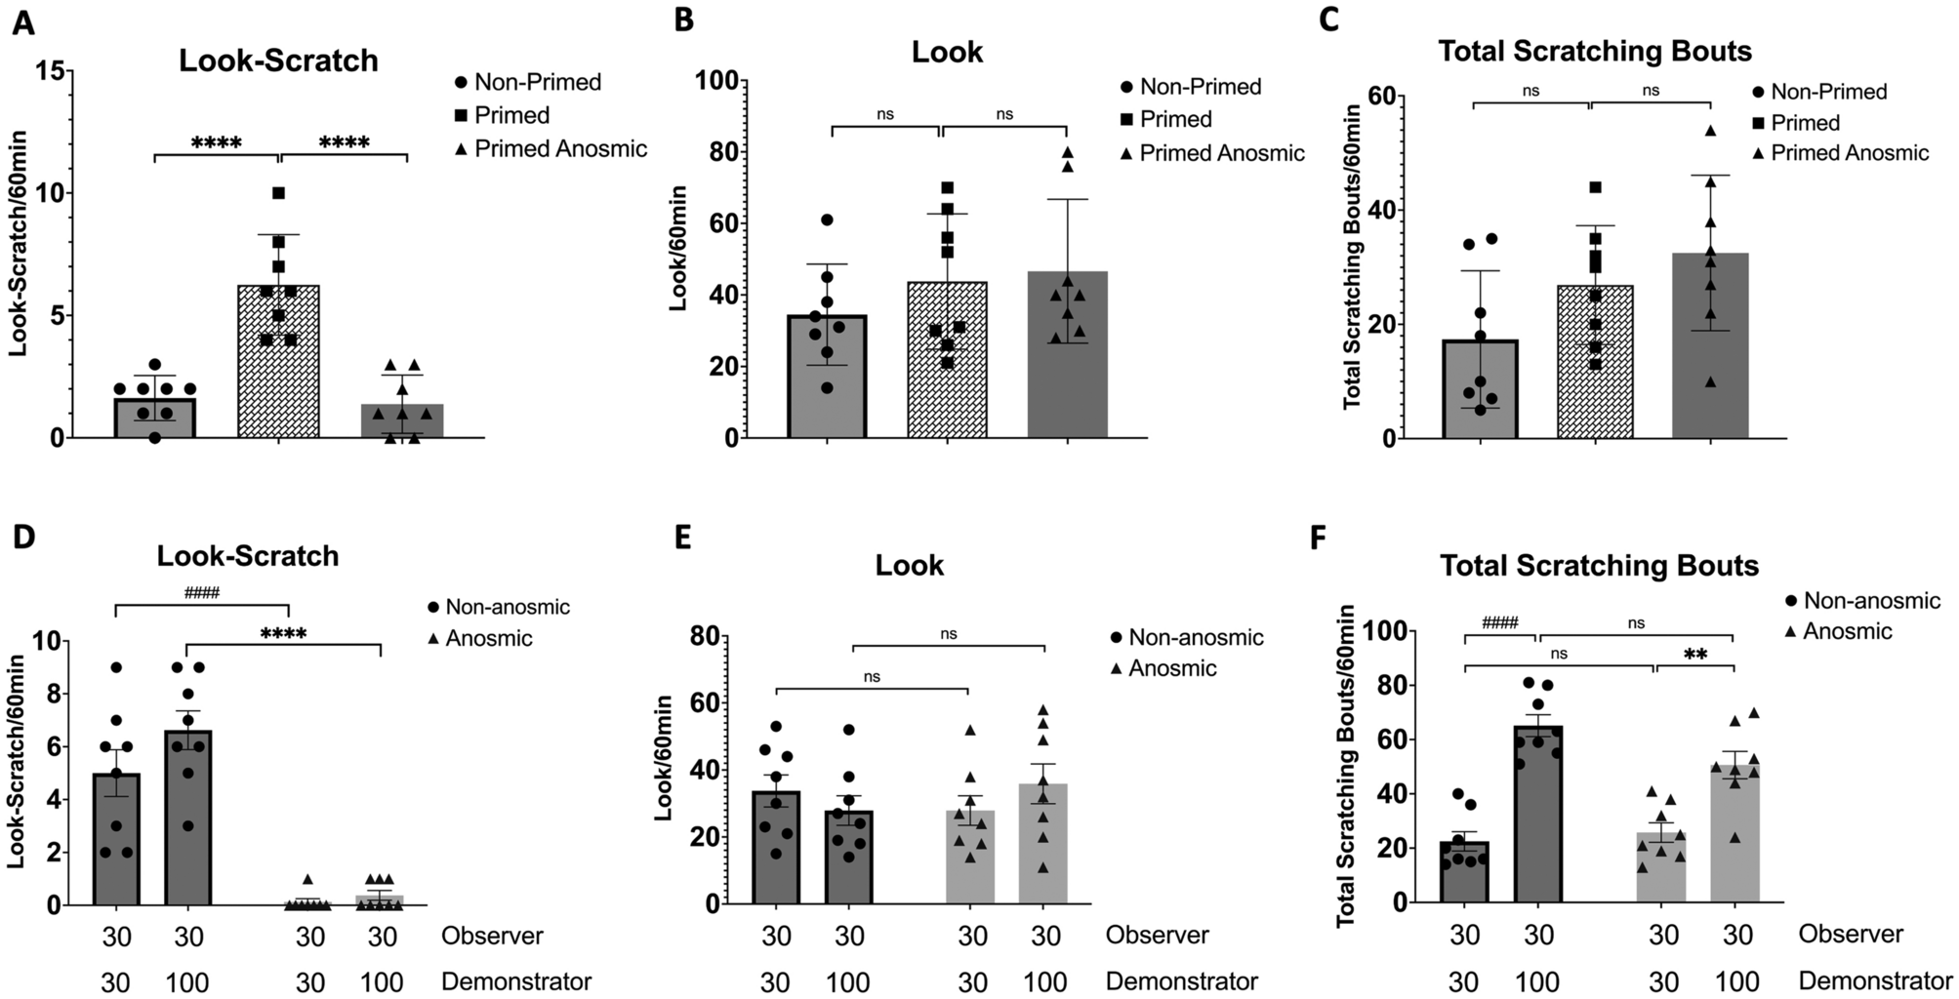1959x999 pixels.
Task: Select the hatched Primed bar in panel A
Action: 279,371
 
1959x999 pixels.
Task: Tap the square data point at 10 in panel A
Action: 279,193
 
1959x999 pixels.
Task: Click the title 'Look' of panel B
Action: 946,52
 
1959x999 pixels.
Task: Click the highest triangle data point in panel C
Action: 1710,131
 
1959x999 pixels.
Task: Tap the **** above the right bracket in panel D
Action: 283,634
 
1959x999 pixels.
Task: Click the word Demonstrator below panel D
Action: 516,981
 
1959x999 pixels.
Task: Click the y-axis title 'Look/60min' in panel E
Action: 663,758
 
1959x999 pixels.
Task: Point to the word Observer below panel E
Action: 1157,935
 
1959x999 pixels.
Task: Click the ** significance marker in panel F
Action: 1695,655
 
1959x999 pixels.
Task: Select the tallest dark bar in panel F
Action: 1538,819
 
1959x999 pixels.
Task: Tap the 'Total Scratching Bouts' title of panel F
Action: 1599,566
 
